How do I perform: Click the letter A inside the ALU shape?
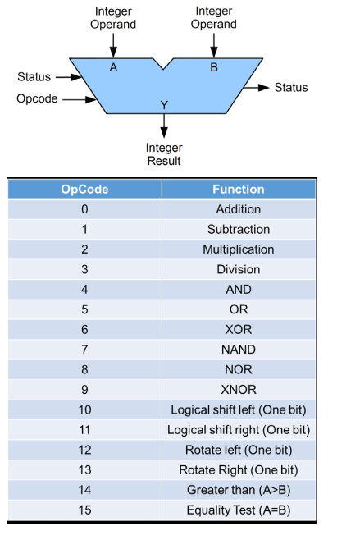click(113, 67)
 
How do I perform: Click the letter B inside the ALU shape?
click(214, 67)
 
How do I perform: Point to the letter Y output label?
click(164, 105)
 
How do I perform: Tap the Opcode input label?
click(37, 98)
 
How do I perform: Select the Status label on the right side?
click(291, 87)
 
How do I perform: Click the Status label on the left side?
click(34, 76)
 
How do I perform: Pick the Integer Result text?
click(164, 154)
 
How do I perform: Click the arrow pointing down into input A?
click(113, 45)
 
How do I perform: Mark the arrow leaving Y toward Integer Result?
click(164, 126)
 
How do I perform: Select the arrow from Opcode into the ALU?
click(80, 100)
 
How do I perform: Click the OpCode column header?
click(84, 189)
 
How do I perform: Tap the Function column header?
click(239, 189)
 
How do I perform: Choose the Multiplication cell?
click(239, 249)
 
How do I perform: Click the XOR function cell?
click(239, 329)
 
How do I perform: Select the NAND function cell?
click(239, 350)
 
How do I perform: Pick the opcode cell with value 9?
click(84, 390)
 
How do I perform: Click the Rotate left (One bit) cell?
click(239, 450)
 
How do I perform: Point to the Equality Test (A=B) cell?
click(239, 510)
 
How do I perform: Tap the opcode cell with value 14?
click(84, 490)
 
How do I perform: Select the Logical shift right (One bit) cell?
click(239, 430)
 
